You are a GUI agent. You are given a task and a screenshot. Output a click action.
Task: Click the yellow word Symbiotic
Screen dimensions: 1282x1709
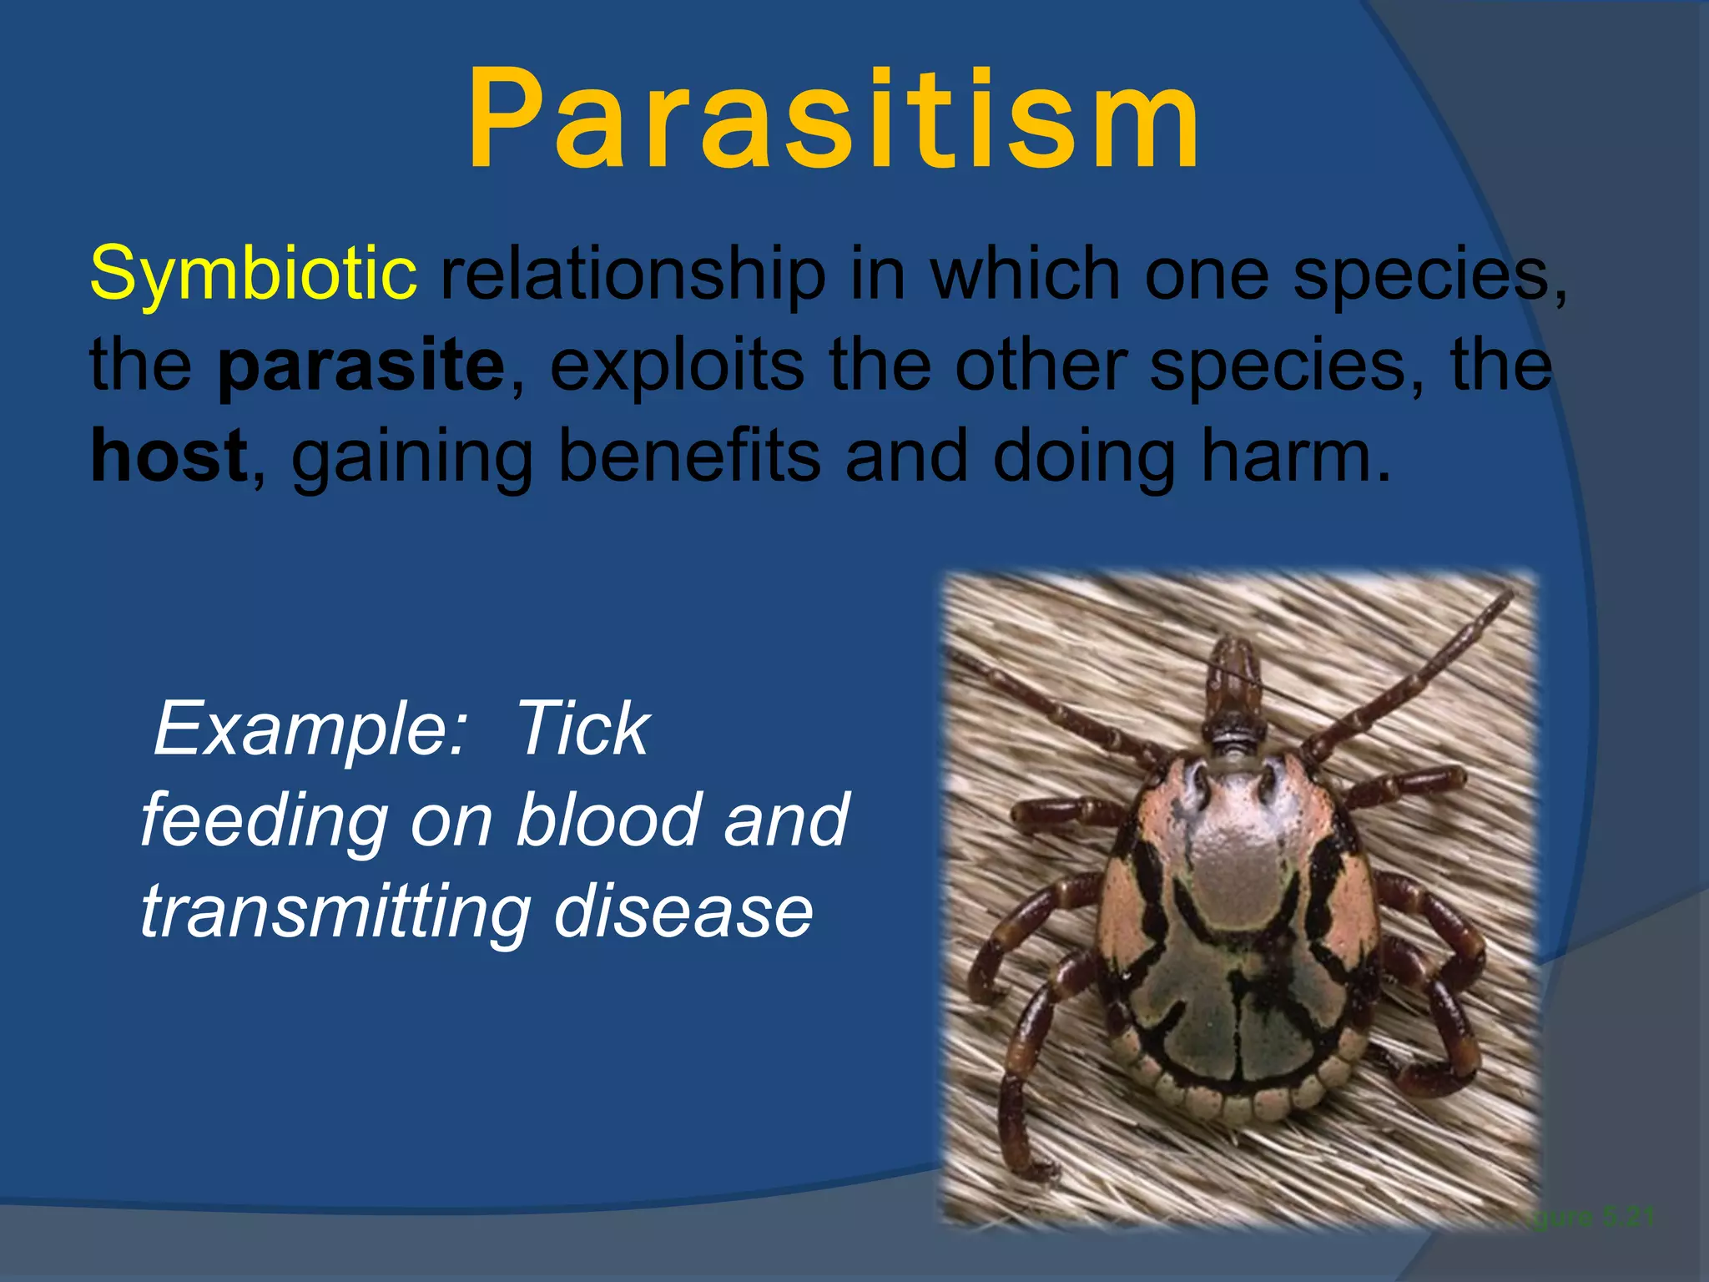(253, 274)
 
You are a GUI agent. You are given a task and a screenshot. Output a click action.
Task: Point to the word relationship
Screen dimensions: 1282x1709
(632, 274)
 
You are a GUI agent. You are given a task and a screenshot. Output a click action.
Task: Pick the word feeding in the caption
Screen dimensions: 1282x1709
(264, 821)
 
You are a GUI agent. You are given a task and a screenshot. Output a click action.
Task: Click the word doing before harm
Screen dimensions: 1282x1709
(1085, 457)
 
